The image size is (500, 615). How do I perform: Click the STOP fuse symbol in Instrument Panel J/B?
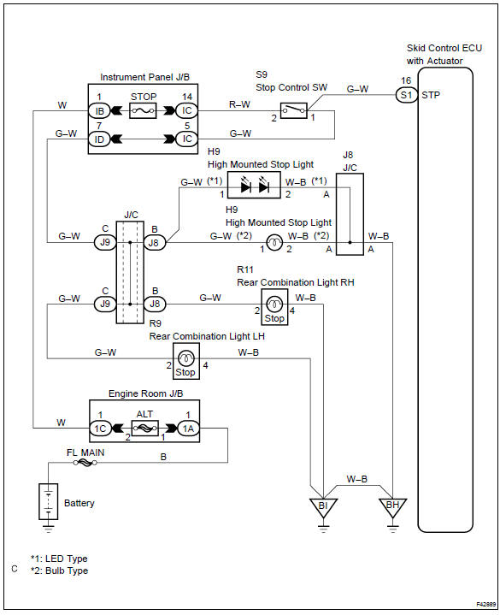[x=143, y=110]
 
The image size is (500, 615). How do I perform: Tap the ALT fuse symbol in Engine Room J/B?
[x=145, y=429]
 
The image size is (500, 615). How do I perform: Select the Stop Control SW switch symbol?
[x=294, y=110]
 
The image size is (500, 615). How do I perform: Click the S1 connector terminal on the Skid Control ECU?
[x=406, y=95]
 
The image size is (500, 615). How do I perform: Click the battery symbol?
[x=48, y=501]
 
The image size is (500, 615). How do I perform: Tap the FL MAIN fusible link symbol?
[x=85, y=463]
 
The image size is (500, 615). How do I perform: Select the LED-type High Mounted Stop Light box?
[x=254, y=185]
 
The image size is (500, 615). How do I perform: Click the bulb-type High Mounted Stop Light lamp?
[x=274, y=242]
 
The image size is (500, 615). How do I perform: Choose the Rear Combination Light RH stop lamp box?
[x=274, y=308]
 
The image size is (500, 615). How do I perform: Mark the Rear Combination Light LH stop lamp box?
[x=186, y=361]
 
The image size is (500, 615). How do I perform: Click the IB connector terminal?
[x=99, y=111]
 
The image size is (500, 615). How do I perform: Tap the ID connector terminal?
[x=99, y=139]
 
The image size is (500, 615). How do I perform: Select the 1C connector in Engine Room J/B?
[x=100, y=429]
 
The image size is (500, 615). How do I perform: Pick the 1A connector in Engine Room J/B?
[x=188, y=429]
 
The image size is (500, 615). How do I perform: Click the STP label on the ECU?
[x=431, y=95]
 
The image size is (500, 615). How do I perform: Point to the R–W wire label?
[x=239, y=104]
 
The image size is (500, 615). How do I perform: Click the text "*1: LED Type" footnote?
[x=59, y=559]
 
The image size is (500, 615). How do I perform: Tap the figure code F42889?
[x=485, y=605]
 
